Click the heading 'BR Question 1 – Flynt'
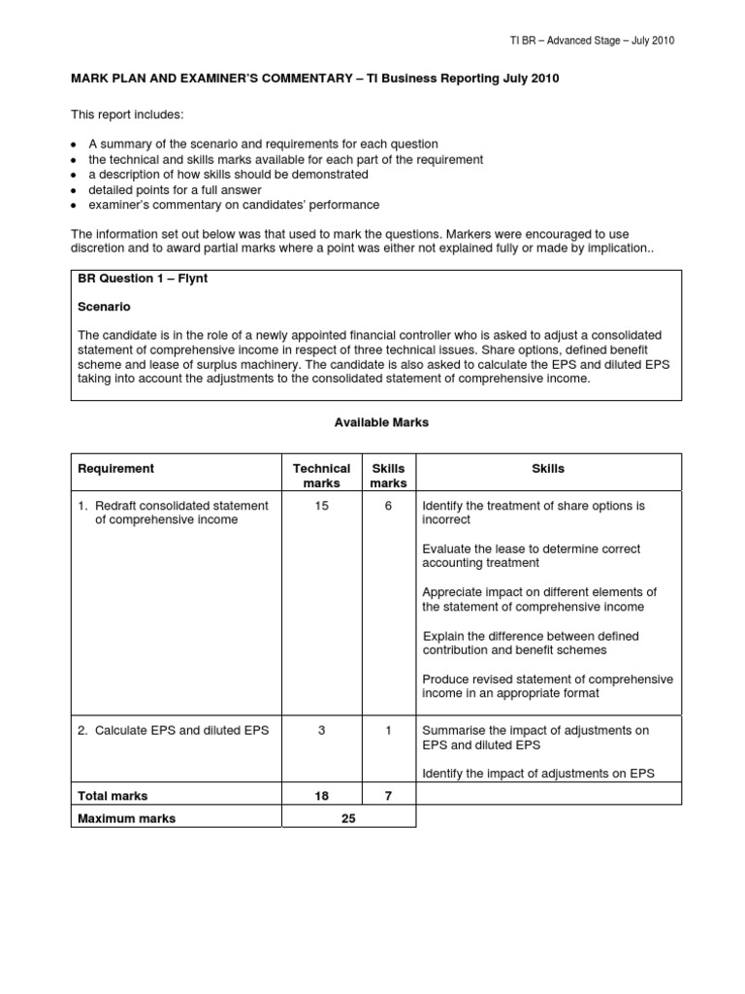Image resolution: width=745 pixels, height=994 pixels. click(143, 279)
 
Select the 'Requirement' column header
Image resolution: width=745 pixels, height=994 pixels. click(115, 469)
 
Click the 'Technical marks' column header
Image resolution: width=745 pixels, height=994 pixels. click(321, 476)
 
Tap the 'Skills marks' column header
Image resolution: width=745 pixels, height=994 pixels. click(388, 476)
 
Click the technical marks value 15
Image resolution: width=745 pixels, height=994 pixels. click(321, 506)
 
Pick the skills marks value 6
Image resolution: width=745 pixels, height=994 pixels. click(388, 506)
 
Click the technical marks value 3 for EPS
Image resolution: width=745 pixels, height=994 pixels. click(321, 730)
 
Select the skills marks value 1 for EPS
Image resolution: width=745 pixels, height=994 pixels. click(388, 730)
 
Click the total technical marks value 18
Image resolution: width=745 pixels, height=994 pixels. click(321, 796)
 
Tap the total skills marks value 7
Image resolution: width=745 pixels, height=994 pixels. click(388, 796)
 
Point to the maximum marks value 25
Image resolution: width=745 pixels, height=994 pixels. click(348, 818)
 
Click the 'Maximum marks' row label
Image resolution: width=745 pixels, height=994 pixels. click(126, 818)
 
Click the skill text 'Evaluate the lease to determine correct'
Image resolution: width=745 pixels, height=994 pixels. click(531, 549)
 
